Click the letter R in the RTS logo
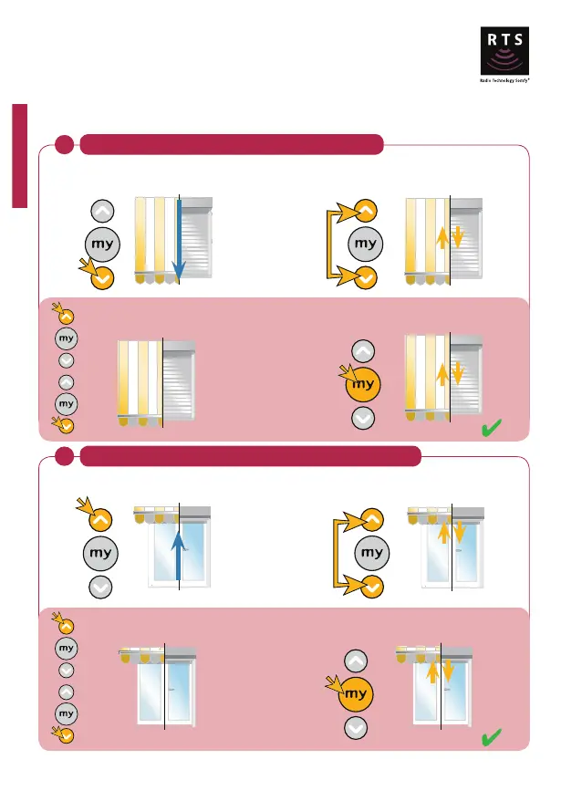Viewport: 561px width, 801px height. tap(493, 39)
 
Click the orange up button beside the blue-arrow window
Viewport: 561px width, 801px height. tap(100, 519)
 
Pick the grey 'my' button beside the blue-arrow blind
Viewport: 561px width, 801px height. tap(103, 244)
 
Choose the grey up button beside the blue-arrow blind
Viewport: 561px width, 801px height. tap(103, 211)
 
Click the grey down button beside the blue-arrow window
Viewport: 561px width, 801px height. tap(100, 587)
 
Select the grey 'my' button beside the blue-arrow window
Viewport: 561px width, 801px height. tap(100, 553)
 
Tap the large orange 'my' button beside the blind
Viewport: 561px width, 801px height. tap(364, 385)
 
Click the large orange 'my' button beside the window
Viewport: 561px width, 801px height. tap(357, 694)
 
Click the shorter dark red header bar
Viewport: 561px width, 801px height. tap(231, 145)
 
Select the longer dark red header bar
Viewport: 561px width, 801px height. tap(250, 456)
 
